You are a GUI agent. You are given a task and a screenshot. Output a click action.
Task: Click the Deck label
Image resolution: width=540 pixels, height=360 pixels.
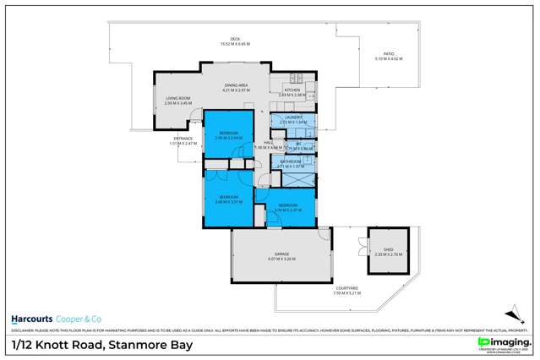click(235, 40)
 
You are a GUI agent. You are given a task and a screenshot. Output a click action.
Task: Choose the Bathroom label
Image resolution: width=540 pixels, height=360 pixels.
click(291, 163)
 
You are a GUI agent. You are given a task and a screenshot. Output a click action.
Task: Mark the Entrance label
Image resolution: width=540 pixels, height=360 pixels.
click(183, 139)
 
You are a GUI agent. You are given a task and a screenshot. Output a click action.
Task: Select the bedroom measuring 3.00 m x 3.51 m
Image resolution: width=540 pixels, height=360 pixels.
click(228, 199)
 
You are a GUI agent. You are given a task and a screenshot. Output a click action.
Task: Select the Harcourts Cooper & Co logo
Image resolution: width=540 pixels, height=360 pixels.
click(56, 318)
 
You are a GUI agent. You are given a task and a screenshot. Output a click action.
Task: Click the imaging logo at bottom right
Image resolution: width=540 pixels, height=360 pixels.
click(504, 342)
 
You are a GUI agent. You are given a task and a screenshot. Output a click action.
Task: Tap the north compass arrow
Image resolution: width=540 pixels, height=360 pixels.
click(511, 310)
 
